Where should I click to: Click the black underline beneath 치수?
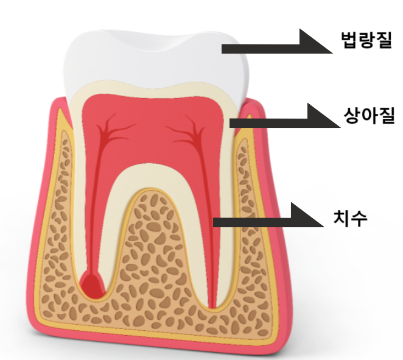tap(363, 231)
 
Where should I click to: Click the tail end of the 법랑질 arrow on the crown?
tap(224, 48)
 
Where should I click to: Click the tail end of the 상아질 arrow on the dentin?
tap(232, 122)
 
